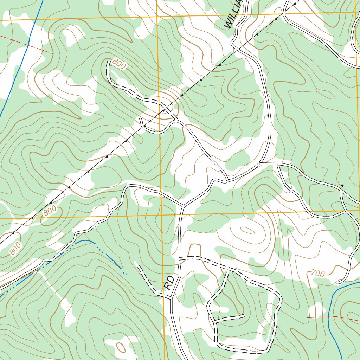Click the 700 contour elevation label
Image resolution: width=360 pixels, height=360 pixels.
pos(318,273)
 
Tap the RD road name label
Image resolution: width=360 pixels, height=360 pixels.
pos(169,283)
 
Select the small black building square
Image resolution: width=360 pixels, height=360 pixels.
pos(342,185)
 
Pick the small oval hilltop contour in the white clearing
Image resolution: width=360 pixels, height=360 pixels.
pos(247,231)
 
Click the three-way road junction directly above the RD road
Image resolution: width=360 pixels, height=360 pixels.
pos(183,206)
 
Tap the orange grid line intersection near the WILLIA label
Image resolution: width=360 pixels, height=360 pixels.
pos(156,16)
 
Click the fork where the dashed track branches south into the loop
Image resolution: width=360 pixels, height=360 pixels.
pos(229,269)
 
